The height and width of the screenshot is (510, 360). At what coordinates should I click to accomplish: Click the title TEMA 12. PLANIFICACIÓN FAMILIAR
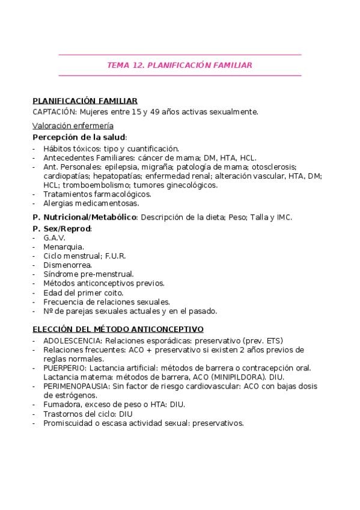click(179, 65)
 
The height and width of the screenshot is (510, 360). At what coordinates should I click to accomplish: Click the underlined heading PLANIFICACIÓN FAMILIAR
click(85, 101)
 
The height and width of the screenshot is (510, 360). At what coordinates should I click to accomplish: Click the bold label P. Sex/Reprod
click(62, 229)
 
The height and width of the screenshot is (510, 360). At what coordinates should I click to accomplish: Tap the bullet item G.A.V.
click(54, 238)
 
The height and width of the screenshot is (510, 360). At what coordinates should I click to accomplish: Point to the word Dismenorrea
click(67, 265)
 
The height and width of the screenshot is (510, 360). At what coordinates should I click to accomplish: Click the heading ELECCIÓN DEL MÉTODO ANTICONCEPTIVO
click(118, 329)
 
